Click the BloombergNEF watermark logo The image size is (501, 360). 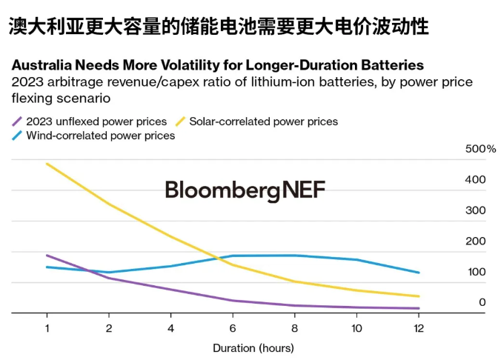[245, 190]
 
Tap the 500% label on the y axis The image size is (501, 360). [480, 149]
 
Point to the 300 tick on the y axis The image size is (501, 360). [477, 210]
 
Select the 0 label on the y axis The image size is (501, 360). [482, 302]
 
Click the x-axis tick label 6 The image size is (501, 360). [232, 327]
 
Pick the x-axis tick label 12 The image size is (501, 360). [418, 327]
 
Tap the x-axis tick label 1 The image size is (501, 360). [47, 327]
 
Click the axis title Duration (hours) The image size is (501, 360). [253, 347]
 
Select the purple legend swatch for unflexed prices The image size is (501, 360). [17, 121]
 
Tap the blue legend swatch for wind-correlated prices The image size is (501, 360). [17, 136]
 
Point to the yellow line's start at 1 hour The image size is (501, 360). [47, 163]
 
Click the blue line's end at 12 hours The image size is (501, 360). [419, 273]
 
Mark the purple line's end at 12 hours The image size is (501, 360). [419, 308]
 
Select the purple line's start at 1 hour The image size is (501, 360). [47, 255]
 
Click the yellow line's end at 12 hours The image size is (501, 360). [419, 296]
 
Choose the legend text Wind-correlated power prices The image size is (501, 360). [100, 136]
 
